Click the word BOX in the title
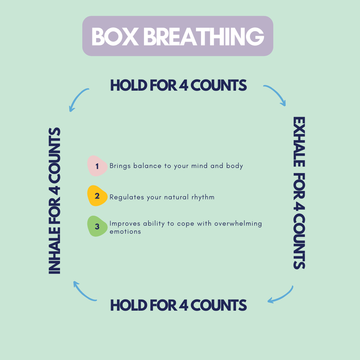(x=115, y=37)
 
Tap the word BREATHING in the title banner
(x=204, y=37)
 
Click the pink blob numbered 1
(x=97, y=166)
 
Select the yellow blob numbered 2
(x=97, y=196)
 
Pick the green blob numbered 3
(x=97, y=226)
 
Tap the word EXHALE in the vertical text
(x=299, y=142)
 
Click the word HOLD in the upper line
(x=129, y=85)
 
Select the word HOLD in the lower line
(x=129, y=305)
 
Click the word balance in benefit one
(x=147, y=166)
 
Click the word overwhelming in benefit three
(x=238, y=224)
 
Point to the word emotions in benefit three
(x=125, y=232)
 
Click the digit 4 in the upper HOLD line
(x=184, y=85)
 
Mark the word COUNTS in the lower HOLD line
(x=219, y=305)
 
